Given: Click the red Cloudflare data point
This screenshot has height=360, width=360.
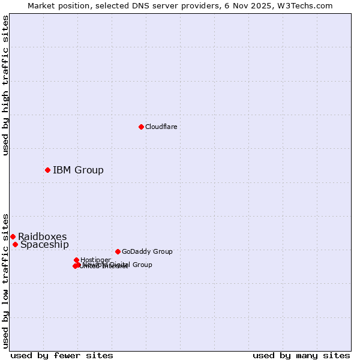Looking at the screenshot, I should click(141, 127).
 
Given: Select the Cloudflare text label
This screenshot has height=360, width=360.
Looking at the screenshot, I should click(161, 127).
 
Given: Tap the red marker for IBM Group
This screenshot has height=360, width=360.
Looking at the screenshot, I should click(47, 170).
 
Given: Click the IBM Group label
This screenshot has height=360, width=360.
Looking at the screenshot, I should click(78, 170).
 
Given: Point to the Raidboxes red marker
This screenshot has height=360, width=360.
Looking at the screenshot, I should click(13, 236).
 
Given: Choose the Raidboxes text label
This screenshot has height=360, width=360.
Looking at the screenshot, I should click(42, 236).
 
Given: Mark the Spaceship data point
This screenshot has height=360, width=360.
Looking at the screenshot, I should click(15, 244).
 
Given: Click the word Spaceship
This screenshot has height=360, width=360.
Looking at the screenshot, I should click(44, 244).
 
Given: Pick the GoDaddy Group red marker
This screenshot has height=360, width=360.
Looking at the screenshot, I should click(118, 251).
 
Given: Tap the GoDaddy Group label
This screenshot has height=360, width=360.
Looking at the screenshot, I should click(147, 251).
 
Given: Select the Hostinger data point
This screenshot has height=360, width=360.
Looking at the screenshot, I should click(76, 260).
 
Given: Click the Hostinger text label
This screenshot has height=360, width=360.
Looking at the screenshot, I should click(95, 260).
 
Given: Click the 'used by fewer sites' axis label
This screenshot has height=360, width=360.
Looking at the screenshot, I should click(62, 355).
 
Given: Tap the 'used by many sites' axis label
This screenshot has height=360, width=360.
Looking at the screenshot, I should click(301, 355).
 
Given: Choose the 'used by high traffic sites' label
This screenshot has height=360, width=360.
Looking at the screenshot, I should click(5, 86).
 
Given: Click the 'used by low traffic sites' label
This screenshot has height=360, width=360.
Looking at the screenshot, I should click(5, 280).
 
